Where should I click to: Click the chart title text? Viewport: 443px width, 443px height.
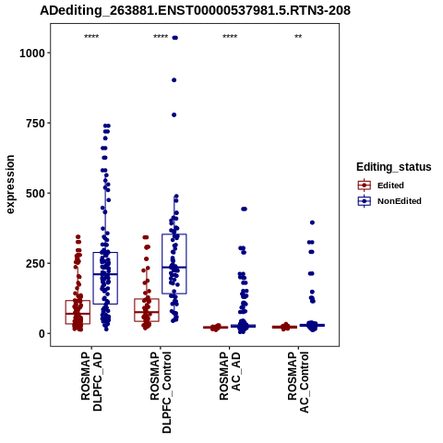(195, 11)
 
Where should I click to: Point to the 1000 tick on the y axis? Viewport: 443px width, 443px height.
(32, 54)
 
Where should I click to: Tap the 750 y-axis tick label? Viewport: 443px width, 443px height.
(35, 124)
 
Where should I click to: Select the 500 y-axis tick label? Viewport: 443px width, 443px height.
(35, 194)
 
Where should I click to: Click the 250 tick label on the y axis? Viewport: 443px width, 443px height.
(35, 264)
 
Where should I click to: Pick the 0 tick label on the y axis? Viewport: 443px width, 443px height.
(42, 334)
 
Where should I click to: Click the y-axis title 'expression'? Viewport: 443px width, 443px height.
(10, 185)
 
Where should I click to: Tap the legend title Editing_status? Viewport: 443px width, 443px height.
(394, 167)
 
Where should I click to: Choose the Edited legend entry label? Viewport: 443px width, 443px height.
(390, 186)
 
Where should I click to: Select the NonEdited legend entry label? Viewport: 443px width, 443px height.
(400, 201)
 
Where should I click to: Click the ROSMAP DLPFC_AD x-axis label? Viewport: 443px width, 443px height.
(91, 382)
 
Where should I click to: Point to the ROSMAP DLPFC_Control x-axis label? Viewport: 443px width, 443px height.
(161, 392)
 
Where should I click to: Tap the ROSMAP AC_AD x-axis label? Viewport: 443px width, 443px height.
(230, 376)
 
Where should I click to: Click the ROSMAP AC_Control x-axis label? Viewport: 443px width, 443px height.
(298, 382)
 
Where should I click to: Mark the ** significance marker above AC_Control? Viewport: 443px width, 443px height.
(298, 37)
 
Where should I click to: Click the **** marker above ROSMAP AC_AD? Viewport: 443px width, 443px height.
(230, 37)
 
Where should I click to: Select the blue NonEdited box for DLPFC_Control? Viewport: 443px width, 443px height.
(174, 264)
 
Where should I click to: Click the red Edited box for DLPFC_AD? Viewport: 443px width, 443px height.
(78, 312)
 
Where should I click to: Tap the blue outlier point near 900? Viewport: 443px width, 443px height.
(174, 80)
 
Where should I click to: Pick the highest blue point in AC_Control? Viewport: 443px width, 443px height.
(312, 222)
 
